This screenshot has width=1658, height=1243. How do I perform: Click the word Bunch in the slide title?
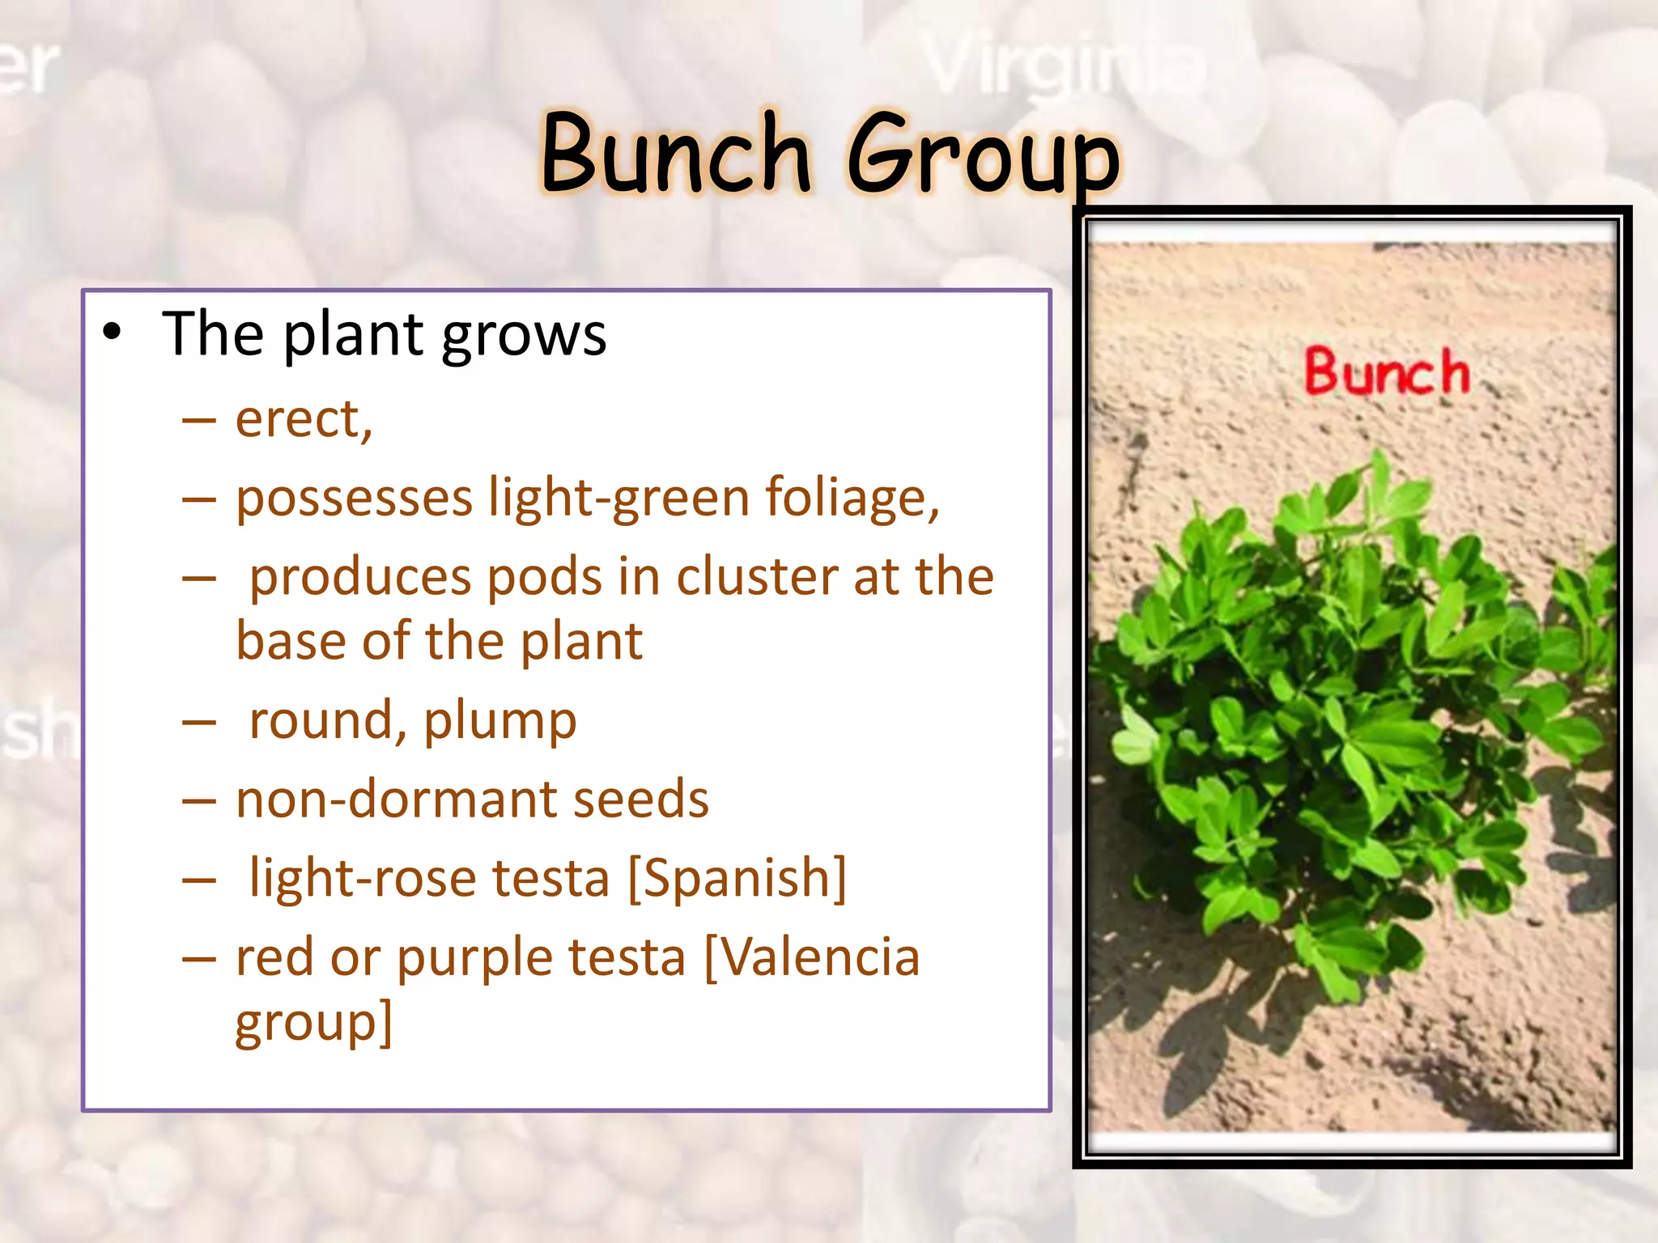677,154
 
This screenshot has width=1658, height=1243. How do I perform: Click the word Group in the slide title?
983,155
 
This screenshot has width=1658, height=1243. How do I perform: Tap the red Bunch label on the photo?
1387,372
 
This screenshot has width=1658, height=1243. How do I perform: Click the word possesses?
354,498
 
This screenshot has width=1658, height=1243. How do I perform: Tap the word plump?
500,721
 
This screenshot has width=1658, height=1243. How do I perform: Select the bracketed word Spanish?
738,878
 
